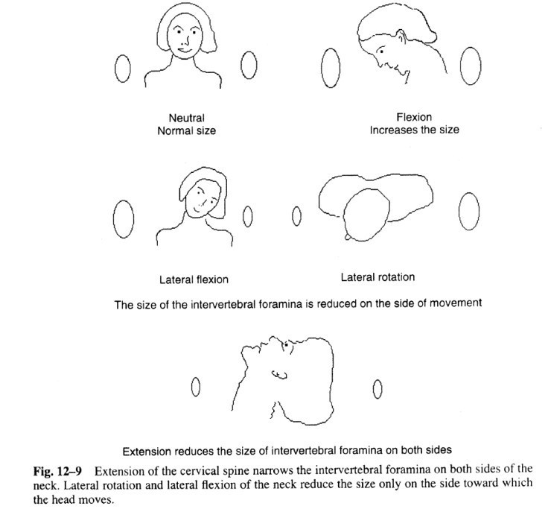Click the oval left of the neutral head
coord(119,69)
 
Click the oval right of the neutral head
coord(248,67)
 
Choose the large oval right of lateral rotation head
coord(468,212)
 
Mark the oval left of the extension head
coord(195,387)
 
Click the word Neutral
coord(186,118)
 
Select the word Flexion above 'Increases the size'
coord(415,117)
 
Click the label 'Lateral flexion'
coord(194,279)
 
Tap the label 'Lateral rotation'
coord(378,277)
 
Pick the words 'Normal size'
coord(186,130)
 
